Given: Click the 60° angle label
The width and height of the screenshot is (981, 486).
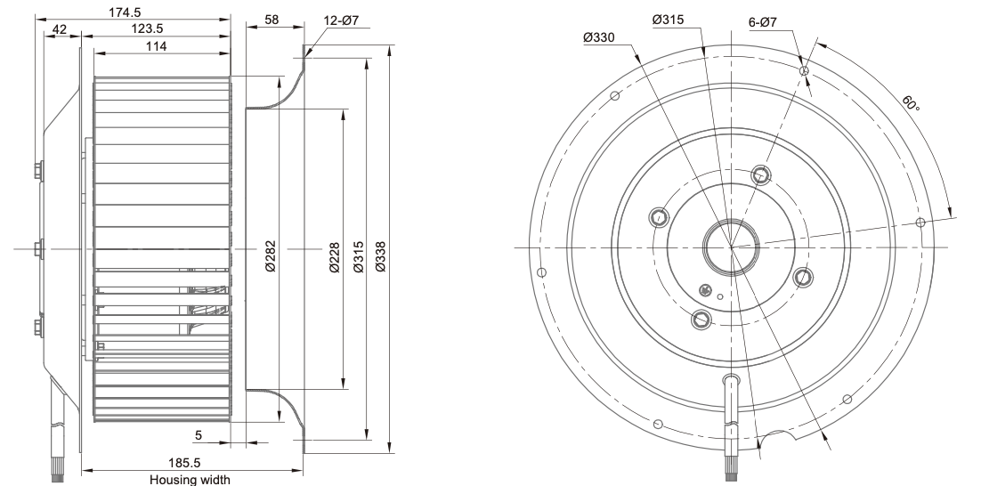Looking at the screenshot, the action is [910, 104].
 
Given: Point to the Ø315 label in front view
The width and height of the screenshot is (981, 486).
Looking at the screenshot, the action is [668, 19].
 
